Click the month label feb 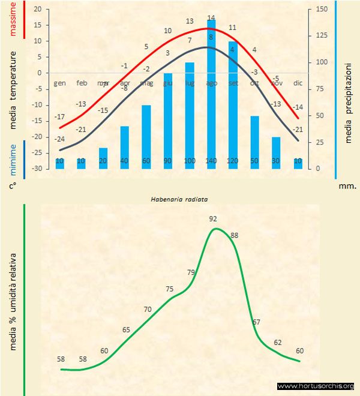pyautogui.click(x=82, y=83)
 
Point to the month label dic pyautogui.click(x=298, y=83)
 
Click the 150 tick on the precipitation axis pyautogui.click(x=322, y=10)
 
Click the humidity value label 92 pyautogui.click(x=212, y=219)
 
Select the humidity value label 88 pyautogui.click(x=234, y=235)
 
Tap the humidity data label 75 pyautogui.click(x=169, y=289)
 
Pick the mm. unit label pyautogui.click(x=348, y=186)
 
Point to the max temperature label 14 pyautogui.click(x=211, y=17)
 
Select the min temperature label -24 pyautogui.click(x=59, y=139)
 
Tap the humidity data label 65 pyautogui.click(x=126, y=329)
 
